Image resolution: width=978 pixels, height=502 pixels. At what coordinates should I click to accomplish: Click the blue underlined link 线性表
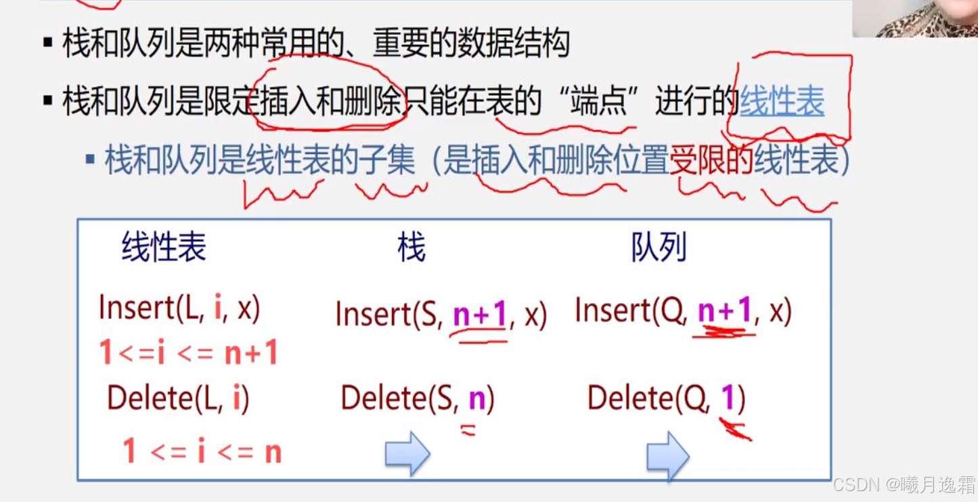click(782, 103)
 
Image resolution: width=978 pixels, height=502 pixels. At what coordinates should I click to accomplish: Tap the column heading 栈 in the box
click(412, 248)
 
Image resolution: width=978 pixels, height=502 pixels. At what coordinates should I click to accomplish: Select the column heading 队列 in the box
click(659, 248)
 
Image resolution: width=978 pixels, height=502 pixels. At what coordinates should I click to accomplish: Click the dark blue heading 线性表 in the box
click(164, 247)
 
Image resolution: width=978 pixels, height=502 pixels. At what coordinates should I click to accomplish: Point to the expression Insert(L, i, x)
click(179, 309)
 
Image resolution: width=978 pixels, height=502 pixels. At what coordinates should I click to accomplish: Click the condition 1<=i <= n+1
click(189, 352)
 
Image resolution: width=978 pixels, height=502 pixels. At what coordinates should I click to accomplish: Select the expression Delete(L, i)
click(178, 399)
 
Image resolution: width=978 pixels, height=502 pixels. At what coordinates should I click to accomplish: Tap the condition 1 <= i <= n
click(202, 451)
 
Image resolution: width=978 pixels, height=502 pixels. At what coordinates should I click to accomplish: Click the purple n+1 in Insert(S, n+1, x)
click(480, 314)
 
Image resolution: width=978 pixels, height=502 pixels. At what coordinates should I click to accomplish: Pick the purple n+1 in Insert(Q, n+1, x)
click(725, 311)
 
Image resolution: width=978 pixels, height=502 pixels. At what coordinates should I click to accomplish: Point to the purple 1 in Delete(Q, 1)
click(728, 399)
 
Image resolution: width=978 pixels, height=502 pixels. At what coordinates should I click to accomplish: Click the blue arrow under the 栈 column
click(407, 453)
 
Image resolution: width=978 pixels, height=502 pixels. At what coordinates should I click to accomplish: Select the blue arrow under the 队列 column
click(667, 455)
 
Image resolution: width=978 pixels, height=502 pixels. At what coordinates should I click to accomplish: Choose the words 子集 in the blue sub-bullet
click(386, 162)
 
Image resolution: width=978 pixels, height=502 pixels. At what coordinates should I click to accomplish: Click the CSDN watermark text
click(904, 484)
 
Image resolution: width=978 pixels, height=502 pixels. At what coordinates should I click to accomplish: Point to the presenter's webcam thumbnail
click(914, 18)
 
